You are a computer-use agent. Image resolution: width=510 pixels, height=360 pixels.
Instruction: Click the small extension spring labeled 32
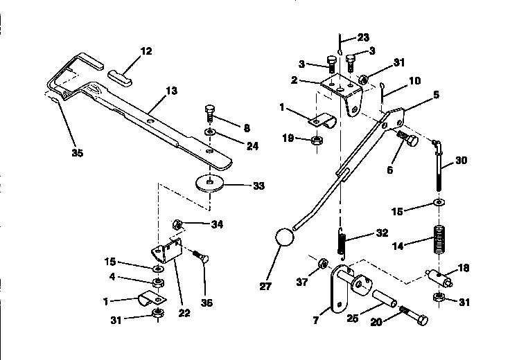tap(342, 244)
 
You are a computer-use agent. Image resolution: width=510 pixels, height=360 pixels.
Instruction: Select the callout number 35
tap(77, 152)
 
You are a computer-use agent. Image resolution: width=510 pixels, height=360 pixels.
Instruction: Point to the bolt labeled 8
tap(210, 112)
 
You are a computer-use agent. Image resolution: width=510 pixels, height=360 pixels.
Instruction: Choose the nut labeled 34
tap(177, 224)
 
